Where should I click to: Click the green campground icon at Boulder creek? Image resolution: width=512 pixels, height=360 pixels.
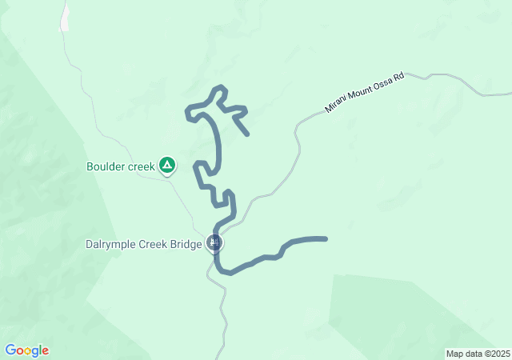pos(166,166)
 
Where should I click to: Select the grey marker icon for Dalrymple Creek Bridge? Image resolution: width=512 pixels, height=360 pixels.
pos(213,242)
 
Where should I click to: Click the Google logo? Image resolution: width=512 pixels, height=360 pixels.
pos(26,350)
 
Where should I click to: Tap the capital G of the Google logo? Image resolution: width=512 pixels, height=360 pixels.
pos(10,350)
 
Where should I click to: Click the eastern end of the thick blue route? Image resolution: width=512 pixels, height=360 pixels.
pos(325,238)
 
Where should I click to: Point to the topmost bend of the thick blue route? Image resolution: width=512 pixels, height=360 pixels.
pos(222,87)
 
